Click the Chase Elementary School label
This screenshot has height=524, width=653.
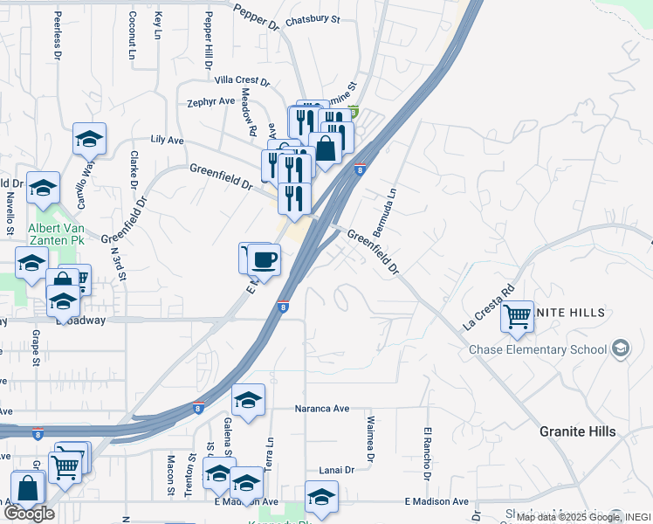click(538, 350)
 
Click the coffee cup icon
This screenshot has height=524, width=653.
click(264, 259)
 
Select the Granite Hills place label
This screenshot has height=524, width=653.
click(577, 431)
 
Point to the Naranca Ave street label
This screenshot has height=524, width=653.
click(322, 408)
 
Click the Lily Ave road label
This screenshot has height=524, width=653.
click(167, 140)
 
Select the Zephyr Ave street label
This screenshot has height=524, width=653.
click(211, 101)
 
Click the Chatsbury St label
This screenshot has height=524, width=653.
click(312, 18)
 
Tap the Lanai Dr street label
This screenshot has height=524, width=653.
click(336, 470)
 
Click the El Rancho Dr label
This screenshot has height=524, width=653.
click(428, 454)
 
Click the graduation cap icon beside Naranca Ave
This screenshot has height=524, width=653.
click(249, 400)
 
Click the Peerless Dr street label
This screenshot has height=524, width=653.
click(58, 35)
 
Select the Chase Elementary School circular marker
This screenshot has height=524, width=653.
click(621, 349)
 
